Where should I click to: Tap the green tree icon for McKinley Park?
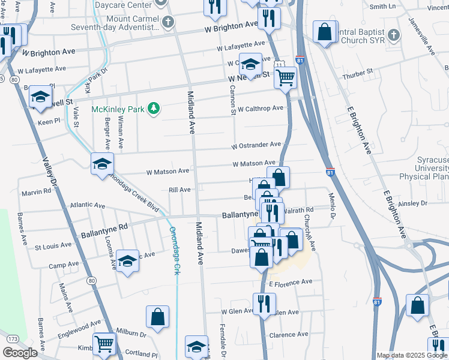coord(155,108)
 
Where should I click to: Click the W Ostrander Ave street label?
coord(257,145)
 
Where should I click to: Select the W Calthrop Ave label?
coord(260,109)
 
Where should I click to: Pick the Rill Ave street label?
coord(179,190)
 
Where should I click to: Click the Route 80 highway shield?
coord(91,280)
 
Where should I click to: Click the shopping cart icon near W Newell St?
coord(286,77)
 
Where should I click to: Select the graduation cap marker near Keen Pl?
coord(40,97)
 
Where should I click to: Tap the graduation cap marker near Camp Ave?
coord(127,260)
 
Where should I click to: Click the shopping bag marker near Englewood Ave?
coord(157,317)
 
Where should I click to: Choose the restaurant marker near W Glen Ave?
coord(264,303)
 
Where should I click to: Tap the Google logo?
coord(19,353)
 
